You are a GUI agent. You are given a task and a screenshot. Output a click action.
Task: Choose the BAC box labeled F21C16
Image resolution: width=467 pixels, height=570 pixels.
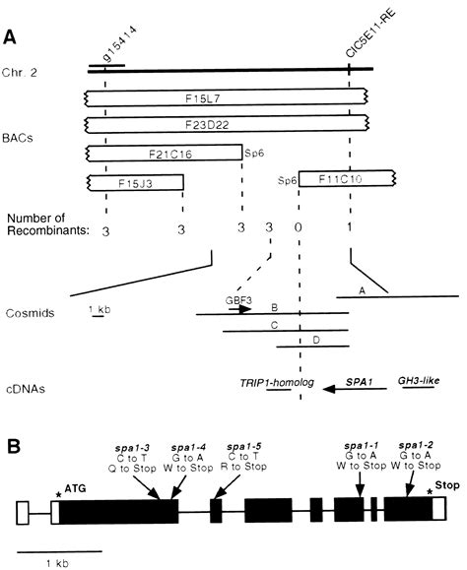tap(164, 154)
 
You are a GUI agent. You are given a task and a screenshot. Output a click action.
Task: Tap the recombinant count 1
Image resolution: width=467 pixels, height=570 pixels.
tap(350, 229)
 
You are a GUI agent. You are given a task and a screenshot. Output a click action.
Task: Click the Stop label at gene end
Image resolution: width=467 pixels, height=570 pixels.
tap(445, 485)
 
